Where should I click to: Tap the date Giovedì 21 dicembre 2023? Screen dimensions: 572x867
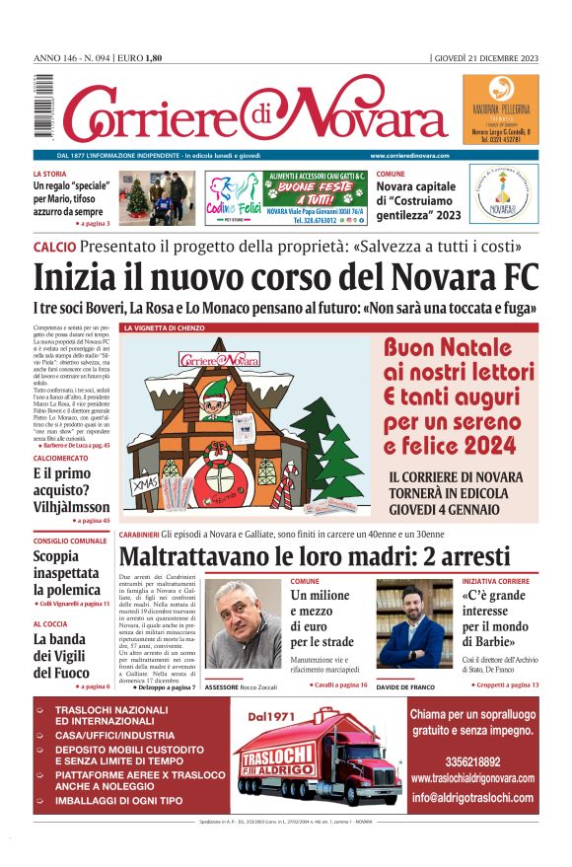486,59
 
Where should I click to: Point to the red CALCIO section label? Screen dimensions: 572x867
54,247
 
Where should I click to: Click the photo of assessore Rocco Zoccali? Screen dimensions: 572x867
243,624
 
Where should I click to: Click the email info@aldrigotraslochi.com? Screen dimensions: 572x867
472,798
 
